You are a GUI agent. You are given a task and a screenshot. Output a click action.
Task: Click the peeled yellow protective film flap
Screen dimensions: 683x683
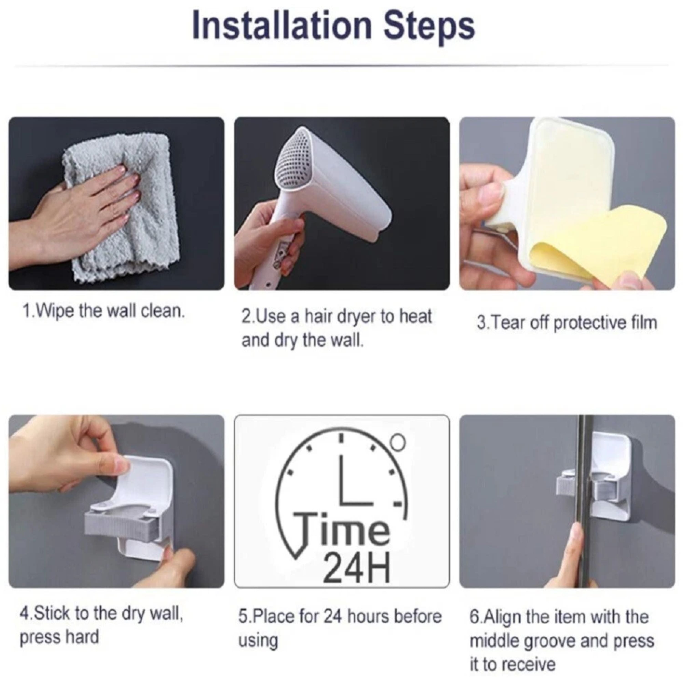[x=597, y=247]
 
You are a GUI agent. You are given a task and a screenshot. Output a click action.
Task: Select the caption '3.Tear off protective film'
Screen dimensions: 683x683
[x=567, y=323]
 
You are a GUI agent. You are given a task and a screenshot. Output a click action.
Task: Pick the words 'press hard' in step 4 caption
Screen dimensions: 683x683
[x=59, y=637]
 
